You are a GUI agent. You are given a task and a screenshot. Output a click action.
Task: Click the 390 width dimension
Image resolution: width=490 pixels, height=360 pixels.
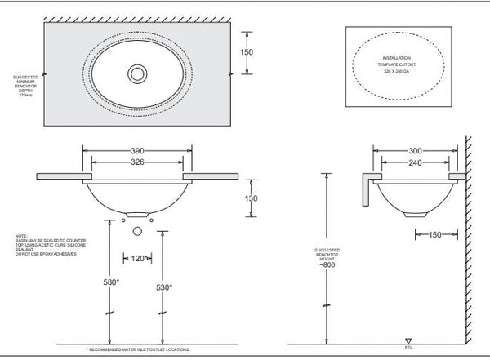click(138, 151)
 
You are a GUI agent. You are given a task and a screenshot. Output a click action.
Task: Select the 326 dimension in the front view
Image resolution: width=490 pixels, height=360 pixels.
click(138, 162)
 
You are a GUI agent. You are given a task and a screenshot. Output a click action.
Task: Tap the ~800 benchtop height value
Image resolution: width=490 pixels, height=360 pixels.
click(328, 265)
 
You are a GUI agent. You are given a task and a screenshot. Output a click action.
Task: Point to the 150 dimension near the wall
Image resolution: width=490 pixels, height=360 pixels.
click(434, 236)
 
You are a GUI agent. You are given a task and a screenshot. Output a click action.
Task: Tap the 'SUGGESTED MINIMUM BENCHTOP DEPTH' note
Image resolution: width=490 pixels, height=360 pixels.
click(24, 86)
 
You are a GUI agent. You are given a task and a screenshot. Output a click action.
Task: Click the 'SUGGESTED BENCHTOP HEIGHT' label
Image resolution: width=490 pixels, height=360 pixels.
click(328, 253)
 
